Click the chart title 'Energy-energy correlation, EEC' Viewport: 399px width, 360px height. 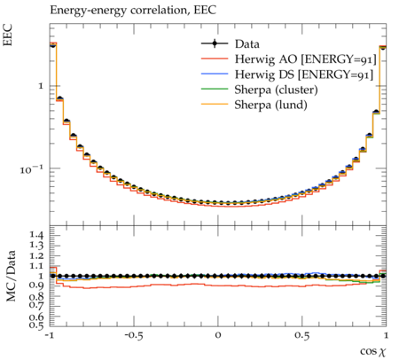(x=133, y=11)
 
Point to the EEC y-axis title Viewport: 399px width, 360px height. (x=8, y=35)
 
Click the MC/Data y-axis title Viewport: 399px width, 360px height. (x=11, y=276)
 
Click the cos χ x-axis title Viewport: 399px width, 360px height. (x=373, y=351)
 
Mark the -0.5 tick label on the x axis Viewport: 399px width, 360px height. (x=133, y=336)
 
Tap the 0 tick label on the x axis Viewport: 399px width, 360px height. (x=218, y=336)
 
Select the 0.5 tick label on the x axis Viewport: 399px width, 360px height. (x=302, y=336)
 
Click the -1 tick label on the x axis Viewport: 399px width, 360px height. (x=50, y=336)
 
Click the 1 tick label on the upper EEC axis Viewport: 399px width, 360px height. (x=41, y=86)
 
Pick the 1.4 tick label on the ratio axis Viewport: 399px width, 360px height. (x=36, y=236)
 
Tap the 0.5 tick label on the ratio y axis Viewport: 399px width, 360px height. (x=36, y=325)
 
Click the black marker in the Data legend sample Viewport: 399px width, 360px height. (x=215, y=43)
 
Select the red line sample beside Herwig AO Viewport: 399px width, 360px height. (x=215, y=59)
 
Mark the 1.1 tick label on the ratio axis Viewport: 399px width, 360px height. (x=36, y=266)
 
